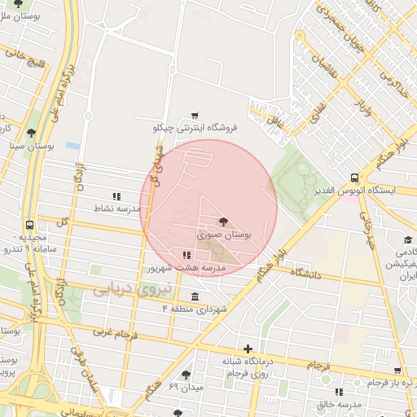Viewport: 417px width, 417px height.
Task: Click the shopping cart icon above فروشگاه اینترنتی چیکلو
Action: coord(194,116)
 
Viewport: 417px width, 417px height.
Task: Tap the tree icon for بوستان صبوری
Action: coord(222,221)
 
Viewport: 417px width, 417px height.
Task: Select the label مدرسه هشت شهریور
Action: coord(175,267)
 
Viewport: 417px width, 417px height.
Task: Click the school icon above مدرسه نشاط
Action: coord(116,196)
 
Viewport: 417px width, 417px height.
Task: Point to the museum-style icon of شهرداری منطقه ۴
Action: coord(194,296)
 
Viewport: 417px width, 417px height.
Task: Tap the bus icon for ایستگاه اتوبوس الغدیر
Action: coord(353,178)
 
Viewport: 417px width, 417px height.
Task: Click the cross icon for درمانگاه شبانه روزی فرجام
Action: coord(248,349)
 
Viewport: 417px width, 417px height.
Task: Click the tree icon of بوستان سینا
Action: coord(31,133)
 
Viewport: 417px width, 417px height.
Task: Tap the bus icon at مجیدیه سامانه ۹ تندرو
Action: coord(30,225)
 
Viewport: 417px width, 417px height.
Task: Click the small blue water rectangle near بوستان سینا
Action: coord(72,146)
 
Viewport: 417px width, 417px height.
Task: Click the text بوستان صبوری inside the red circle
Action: coord(224,234)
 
